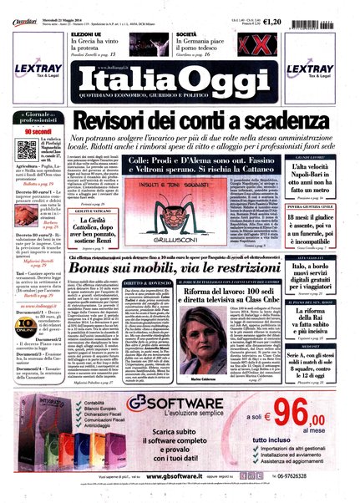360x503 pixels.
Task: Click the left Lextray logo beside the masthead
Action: [x=34, y=72]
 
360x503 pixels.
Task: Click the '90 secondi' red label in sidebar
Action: [x=37, y=131]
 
